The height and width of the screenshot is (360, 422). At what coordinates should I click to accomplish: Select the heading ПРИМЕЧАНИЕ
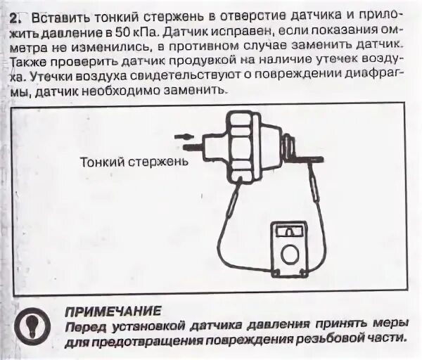(x=113, y=309)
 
